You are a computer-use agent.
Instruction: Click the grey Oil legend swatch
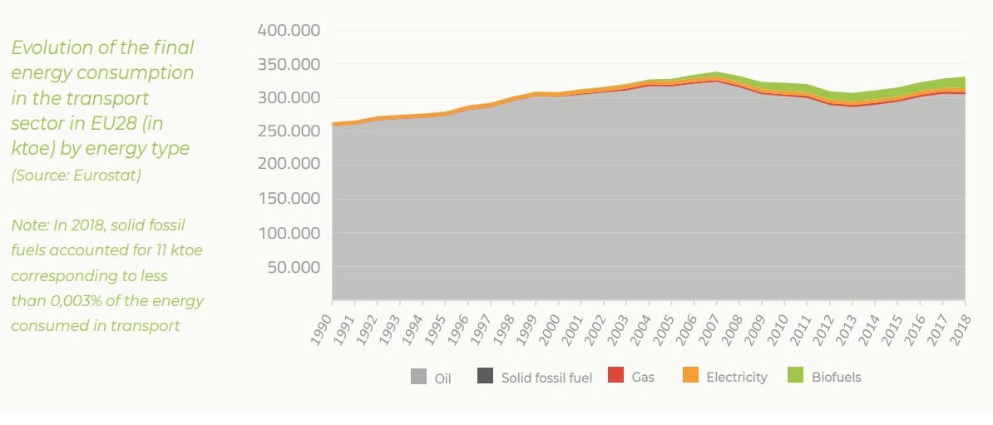pyautogui.click(x=419, y=377)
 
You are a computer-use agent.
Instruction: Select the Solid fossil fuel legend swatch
pyautogui.click(x=485, y=377)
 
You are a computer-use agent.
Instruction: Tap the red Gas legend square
pyautogui.click(x=615, y=377)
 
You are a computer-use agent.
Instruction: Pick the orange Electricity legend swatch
pyautogui.click(x=690, y=377)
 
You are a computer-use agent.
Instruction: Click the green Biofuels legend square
pyautogui.click(x=796, y=377)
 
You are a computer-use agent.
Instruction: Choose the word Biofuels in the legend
pyautogui.click(x=836, y=377)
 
